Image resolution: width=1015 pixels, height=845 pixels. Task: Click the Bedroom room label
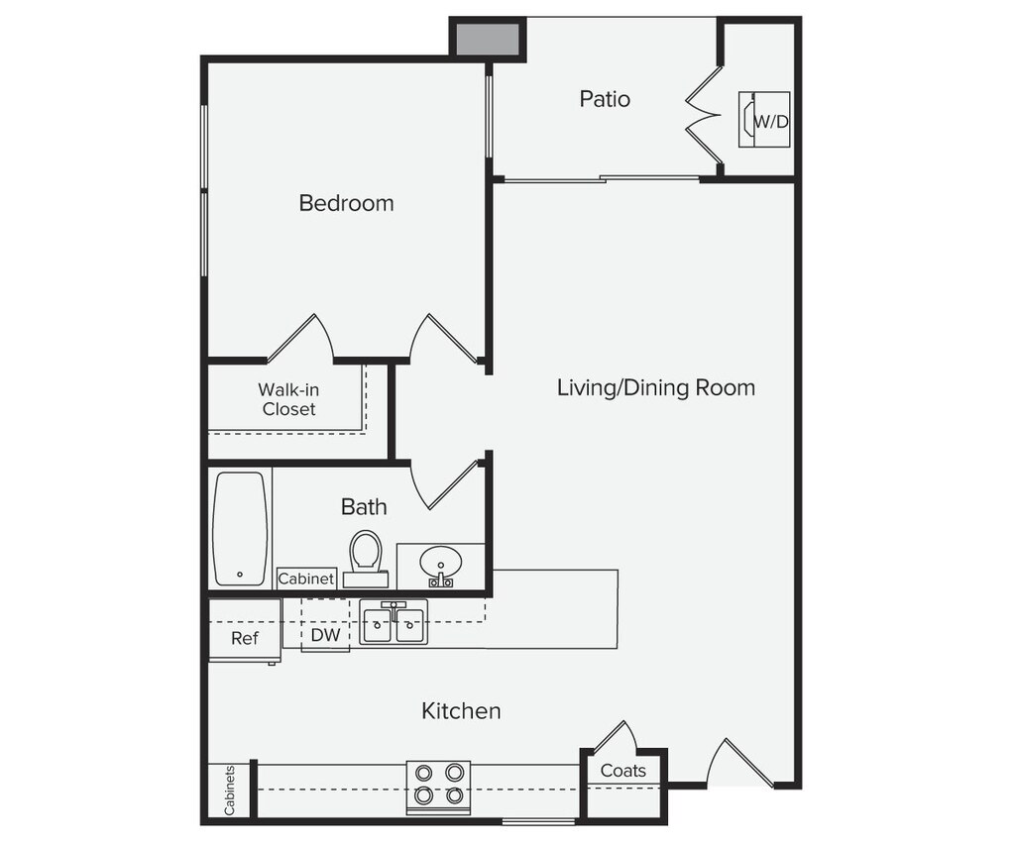tap(346, 203)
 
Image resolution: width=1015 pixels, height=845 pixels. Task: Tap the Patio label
tap(605, 99)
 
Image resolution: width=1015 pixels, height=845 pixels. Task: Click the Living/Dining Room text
tap(655, 387)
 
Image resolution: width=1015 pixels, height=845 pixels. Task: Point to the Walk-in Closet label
tap(288, 399)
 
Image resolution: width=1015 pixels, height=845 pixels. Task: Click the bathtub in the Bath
tap(240, 528)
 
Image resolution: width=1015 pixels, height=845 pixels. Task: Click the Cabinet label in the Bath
tap(306, 579)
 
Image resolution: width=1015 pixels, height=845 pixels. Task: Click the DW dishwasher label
tap(325, 635)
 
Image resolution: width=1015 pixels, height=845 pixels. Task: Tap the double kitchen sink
tap(394, 625)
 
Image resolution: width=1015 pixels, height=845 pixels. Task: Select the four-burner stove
tap(438, 783)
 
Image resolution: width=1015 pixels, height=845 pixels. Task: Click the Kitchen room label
tap(461, 710)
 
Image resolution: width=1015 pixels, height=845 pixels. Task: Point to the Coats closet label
tap(623, 771)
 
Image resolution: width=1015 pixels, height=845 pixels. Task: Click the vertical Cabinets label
tap(230, 790)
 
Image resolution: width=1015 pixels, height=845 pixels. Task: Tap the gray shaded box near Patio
tap(487, 39)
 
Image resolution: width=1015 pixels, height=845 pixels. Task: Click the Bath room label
tap(364, 506)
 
